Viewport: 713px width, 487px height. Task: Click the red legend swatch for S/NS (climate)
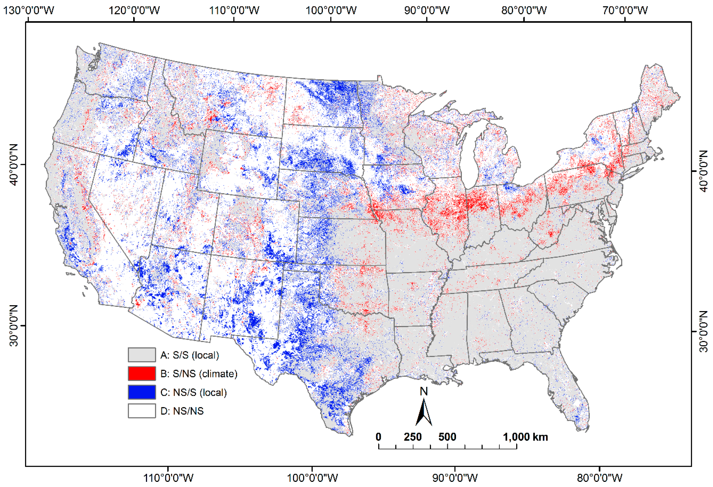tap(141, 373)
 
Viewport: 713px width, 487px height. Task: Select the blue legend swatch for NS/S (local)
tap(141, 392)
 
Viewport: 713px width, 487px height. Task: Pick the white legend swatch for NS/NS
tap(141, 411)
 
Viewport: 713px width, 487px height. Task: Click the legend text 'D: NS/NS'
tap(182, 411)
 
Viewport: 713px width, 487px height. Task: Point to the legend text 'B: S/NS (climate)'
tap(199, 374)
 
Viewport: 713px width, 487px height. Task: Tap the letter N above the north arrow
tap(424, 392)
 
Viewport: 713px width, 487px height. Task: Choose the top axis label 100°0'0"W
tap(331, 10)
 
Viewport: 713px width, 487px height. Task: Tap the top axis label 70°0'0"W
tap(625, 10)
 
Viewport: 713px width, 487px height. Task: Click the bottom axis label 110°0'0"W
tap(168, 478)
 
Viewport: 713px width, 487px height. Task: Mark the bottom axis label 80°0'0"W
tap(600, 478)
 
